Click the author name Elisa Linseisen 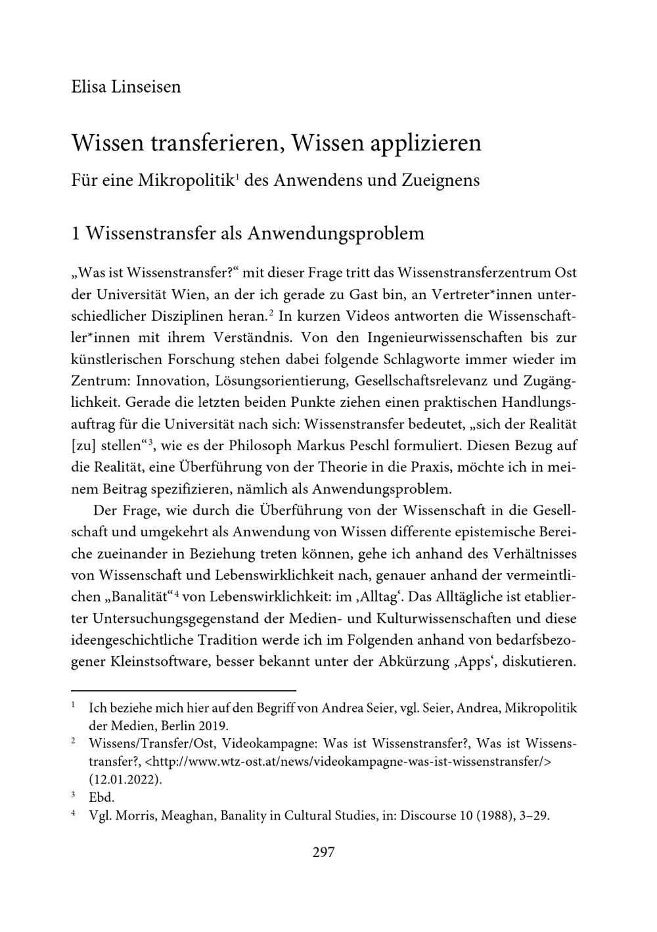125,87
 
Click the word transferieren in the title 217,143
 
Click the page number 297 324,852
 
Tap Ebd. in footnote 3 102,798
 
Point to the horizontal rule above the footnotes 183,691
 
